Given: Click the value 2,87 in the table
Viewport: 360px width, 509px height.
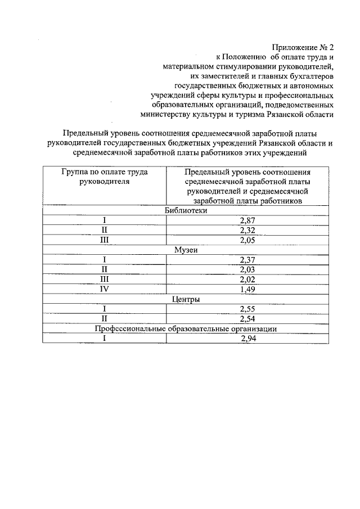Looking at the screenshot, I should (247, 220).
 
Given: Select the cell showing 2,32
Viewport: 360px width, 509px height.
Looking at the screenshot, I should (247, 230).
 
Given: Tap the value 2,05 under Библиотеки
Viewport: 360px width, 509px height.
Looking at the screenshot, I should (247, 240).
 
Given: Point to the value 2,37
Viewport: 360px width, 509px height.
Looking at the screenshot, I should (247, 260).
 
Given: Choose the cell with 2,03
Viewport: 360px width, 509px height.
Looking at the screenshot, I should (247, 270).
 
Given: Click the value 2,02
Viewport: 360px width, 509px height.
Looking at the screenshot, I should (247, 280).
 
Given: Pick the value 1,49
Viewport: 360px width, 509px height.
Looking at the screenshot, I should (247, 290).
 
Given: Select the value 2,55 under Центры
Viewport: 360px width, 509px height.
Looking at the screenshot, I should (247, 309).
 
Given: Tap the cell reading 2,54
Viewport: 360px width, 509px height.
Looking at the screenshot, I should (247, 319).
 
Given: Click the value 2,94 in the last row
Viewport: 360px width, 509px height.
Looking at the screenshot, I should (247, 339).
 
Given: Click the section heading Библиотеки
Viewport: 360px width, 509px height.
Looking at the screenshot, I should (186, 210).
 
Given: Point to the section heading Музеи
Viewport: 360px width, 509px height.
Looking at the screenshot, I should (186, 250).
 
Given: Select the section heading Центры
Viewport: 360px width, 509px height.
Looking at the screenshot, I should (186, 300).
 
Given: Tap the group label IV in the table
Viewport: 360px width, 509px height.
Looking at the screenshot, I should (105, 290).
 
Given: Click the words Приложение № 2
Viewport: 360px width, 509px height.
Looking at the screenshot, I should (303, 47).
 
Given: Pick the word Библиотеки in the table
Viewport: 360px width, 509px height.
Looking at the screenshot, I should (186, 210).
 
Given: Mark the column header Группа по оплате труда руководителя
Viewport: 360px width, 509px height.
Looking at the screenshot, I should (105, 177).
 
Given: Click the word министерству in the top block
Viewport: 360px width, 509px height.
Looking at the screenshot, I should (170, 114).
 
